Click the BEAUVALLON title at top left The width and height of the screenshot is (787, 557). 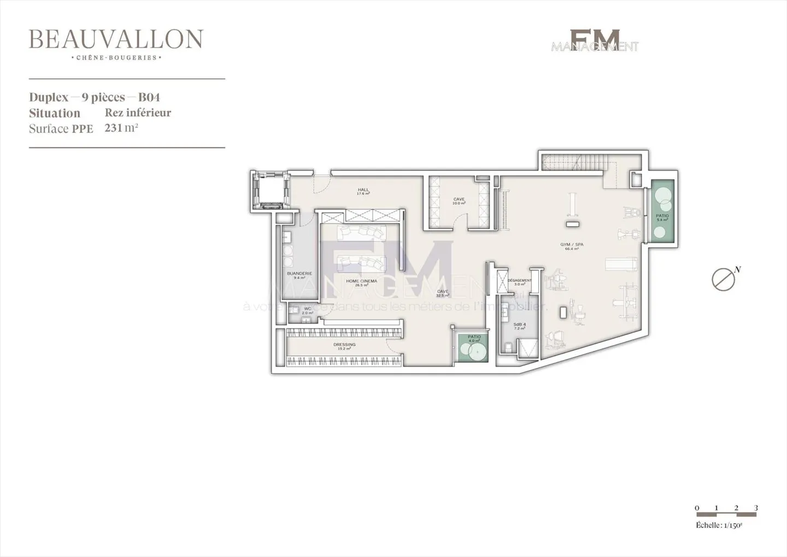click(116, 39)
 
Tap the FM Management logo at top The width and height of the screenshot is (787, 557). click(595, 41)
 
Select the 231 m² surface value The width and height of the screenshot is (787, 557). click(121, 128)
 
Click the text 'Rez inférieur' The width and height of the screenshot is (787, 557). click(138, 113)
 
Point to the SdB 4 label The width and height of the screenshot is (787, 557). click(519, 326)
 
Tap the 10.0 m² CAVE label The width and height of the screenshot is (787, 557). click(459, 201)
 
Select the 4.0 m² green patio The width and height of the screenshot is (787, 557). click(473, 349)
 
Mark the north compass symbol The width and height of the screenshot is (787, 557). click(724, 279)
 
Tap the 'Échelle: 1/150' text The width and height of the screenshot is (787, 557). click(719, 525)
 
